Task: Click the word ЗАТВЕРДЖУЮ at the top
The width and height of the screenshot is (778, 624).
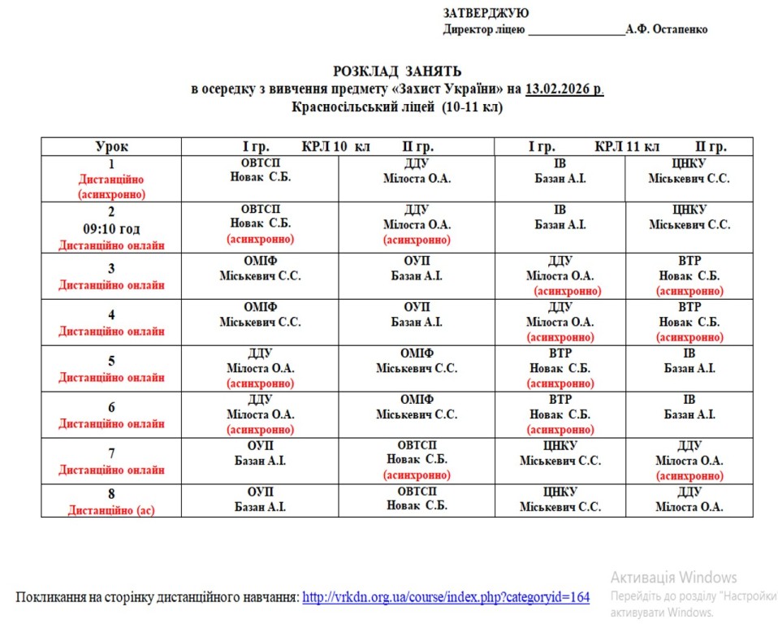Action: (x=486, y=13)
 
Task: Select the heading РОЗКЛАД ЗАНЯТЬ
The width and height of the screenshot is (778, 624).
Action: (x=397, y=71)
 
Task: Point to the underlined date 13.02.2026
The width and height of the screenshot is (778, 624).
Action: (x=564, y=89)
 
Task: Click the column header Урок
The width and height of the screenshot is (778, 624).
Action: (x=111, y=147)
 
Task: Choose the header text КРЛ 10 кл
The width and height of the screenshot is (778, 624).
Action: (x=335, y=147)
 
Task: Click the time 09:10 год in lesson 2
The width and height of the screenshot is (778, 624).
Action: (x=111, y=229)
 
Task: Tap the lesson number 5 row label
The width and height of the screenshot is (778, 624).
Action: (x=111, y=361)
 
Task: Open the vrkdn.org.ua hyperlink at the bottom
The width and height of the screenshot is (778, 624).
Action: (x=446, y=597)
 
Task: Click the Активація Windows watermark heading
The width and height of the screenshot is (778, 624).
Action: (x=673, y=578)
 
